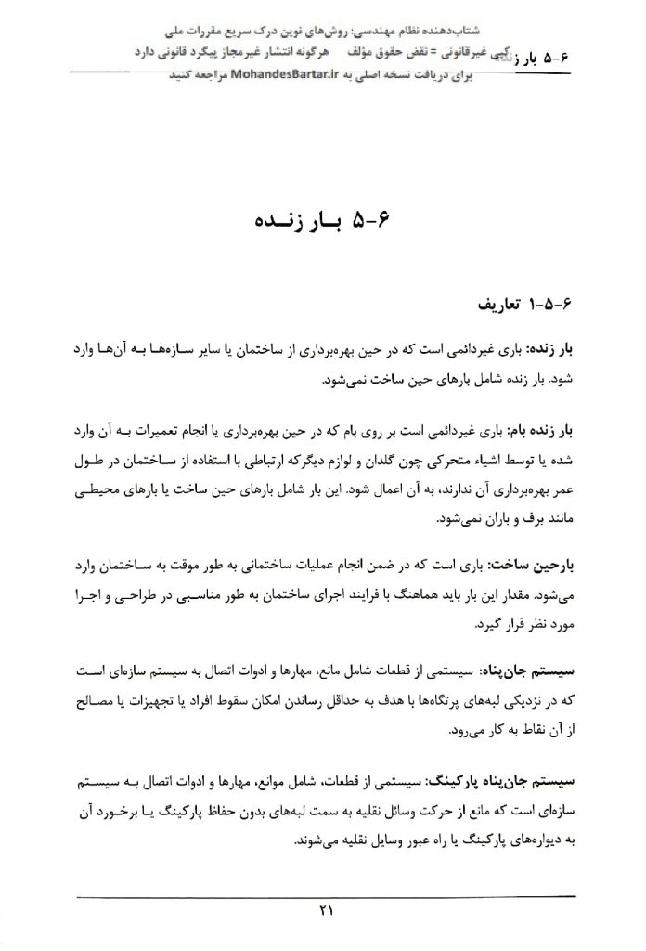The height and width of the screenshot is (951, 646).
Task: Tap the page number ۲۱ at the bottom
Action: click(323, 911)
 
